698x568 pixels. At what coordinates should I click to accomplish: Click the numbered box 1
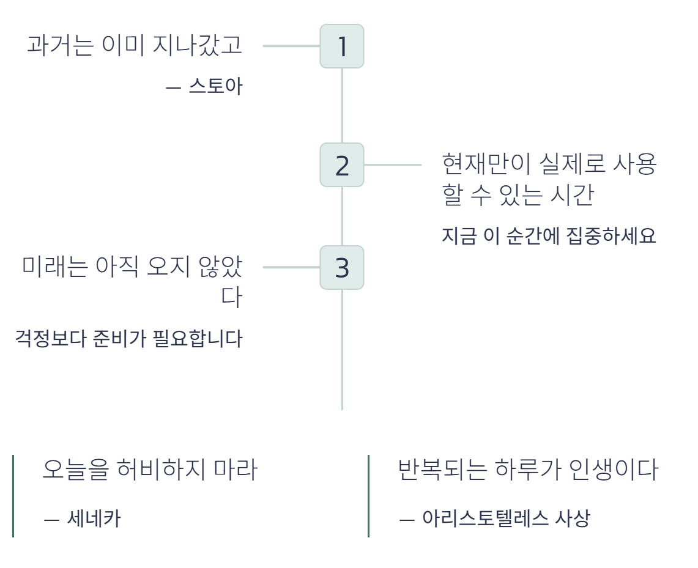tap(342, 46)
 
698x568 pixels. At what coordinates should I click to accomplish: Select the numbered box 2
tap(342, 165)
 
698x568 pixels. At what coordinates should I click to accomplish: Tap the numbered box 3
tap(342, 268)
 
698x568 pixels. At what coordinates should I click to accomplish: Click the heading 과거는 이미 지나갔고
tap(135, 46)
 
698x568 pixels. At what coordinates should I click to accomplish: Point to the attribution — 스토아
tap(204, 87)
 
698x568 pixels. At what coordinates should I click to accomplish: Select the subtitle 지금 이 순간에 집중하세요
tap(549, 236)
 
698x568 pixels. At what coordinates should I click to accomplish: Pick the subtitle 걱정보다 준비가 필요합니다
tap(128, 339)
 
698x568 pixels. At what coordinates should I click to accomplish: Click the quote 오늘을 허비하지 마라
tap(150, 470)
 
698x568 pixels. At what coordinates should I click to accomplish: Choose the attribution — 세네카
tap(83, 519)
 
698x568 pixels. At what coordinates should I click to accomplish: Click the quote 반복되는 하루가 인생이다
tap(528, 470)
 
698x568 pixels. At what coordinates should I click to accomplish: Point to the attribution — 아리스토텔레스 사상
tap(494, 519)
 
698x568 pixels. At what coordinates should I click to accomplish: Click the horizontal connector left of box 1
tap(291, 46)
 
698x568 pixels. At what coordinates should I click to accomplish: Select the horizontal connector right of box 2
tap(393, 164)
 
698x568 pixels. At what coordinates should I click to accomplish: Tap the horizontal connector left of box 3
tap(291, 267)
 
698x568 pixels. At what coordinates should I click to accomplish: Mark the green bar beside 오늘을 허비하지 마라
tap(13, 496)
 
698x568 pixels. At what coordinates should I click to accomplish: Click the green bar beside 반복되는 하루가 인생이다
tap(368, 496)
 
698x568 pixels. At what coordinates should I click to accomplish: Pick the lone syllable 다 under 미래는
tap(232, 298)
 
